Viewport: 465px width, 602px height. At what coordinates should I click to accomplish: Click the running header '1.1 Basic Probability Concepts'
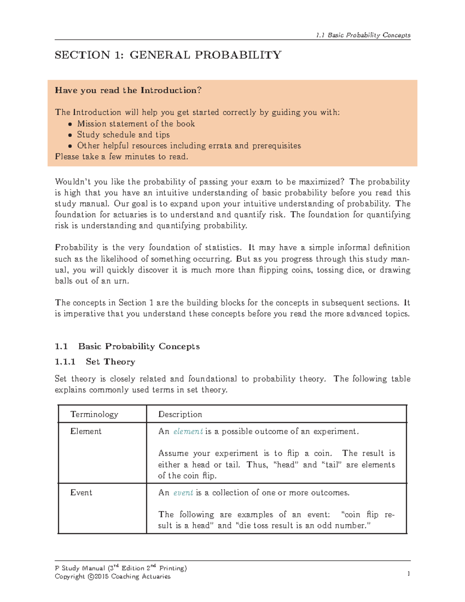point(363,35)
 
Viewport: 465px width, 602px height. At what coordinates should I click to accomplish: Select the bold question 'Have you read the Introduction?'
point(128,90)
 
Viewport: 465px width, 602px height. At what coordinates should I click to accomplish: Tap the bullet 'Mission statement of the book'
point(136,124)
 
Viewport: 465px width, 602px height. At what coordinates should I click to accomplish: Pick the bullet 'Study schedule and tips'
point(123,135)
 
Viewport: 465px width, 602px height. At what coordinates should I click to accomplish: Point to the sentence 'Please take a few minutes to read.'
point(122,157)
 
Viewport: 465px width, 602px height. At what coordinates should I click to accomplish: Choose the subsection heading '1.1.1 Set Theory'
point(95,362)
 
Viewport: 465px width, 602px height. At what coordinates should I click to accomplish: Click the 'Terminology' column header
point(94,414)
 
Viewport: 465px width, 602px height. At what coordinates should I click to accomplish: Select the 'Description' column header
point(180,414)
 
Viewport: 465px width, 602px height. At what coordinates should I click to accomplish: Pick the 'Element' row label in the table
point(86,431)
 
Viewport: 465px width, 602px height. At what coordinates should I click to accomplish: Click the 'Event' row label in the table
point(81,493)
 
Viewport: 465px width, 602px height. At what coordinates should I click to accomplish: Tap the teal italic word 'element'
point(188,431)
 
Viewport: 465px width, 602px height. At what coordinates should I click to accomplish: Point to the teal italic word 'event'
point(183,493)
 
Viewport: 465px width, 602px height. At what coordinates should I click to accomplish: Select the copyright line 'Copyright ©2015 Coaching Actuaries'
point(113,576)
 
